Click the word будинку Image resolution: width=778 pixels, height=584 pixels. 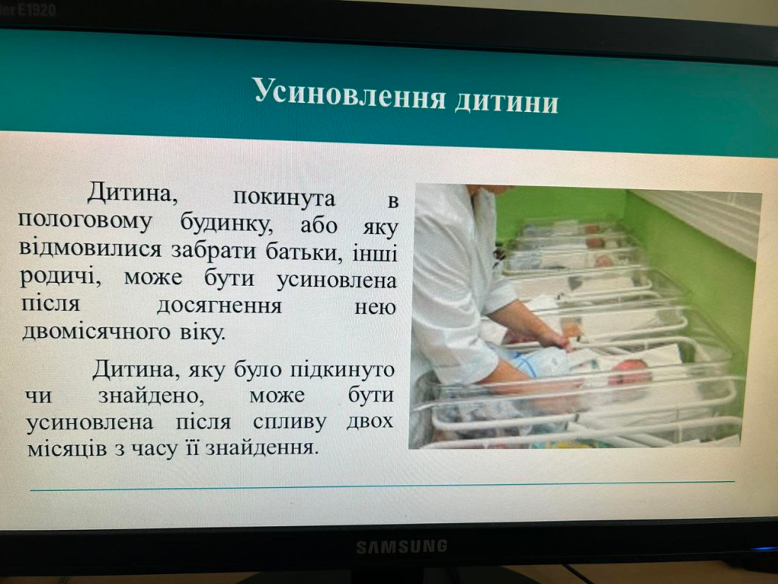[227, 224]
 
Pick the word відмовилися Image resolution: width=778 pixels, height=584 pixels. [90, 248]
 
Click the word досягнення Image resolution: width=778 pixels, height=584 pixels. [219, 306]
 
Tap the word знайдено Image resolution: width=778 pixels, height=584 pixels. [151, 396]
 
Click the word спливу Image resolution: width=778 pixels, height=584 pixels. [290, 423]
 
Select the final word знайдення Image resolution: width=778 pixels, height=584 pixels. [261, 449]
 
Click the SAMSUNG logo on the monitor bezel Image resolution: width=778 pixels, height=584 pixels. [402, 546]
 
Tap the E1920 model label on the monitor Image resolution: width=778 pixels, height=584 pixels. [35, 10]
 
